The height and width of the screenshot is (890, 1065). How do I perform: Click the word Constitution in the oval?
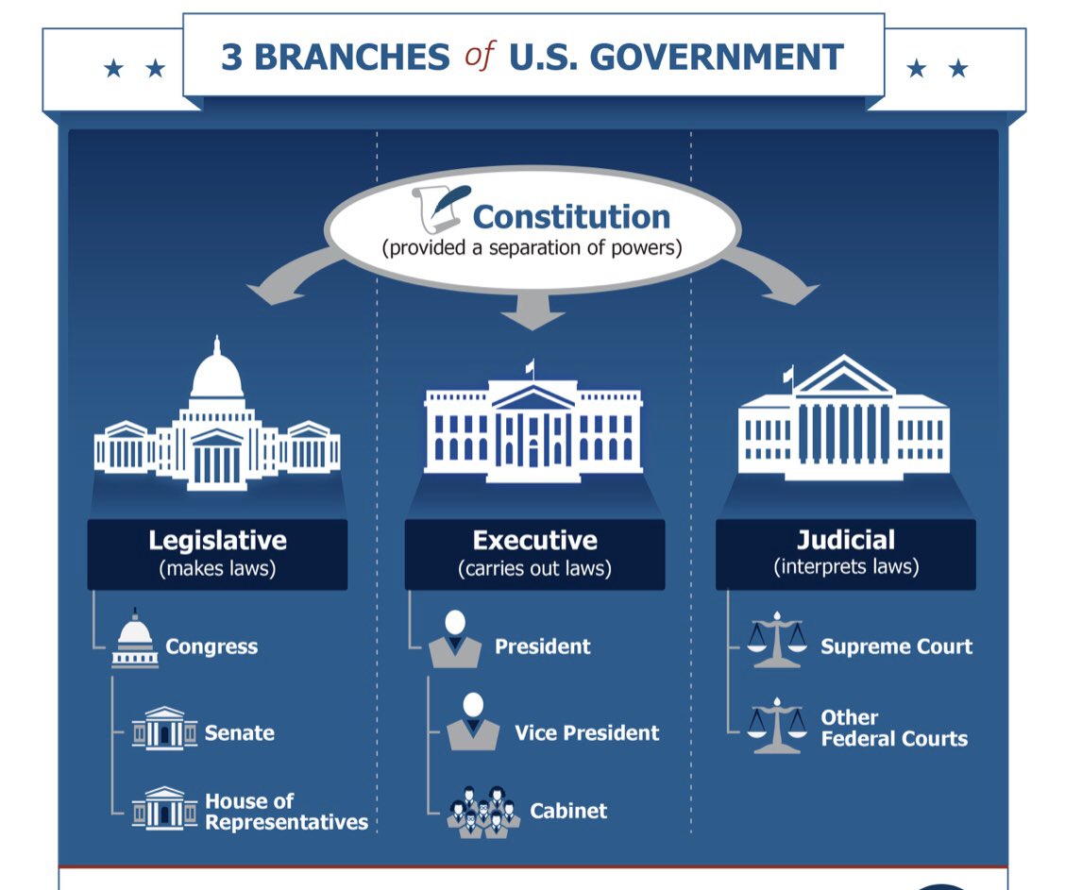[571, 216]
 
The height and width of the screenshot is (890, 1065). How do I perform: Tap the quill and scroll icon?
[439, 208]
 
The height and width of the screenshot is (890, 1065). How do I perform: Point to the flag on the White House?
[530, 367]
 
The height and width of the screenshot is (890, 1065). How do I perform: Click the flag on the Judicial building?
[788, 374]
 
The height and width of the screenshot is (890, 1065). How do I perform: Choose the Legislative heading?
[217, 541]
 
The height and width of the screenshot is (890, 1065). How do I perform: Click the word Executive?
[534, 541]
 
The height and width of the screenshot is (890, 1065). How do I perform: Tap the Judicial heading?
[846, 540]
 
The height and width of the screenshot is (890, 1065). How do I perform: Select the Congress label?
[211, 647]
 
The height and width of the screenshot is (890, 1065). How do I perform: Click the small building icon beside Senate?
[164, 729]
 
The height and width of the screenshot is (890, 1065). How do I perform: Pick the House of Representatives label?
[286, 812]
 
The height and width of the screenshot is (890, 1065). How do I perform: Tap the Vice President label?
[586, 732]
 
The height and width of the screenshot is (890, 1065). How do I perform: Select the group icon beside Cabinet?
[482, 811]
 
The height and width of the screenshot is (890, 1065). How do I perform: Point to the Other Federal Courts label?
[893, 728]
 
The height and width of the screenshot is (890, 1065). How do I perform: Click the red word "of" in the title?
[479, 56]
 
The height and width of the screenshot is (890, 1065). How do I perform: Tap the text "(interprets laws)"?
[846, 567]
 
